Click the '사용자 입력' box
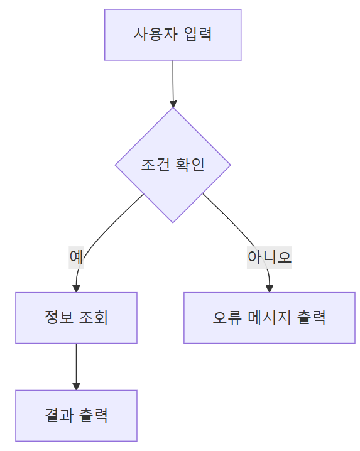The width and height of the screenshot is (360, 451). click(x=173, y=35)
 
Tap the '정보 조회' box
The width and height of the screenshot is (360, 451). click(x=76, y=318)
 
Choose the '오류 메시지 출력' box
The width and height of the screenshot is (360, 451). click(x=269, y=318)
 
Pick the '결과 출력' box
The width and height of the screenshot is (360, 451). click(x=76, y=416)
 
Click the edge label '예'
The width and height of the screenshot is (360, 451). click(x=76, y=257)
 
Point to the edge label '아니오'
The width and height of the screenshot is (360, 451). click(x=269, y=257)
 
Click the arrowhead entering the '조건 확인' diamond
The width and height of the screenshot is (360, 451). click(x=173, y=103)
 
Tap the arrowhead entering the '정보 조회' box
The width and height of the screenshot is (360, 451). click(x=76, y=288)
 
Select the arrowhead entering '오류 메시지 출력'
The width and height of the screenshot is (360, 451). click(x=269, y=288)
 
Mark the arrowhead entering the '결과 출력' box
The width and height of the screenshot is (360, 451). click(x=76, y=386)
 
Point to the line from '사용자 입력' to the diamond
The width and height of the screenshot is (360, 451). click(x=173, y=79)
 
